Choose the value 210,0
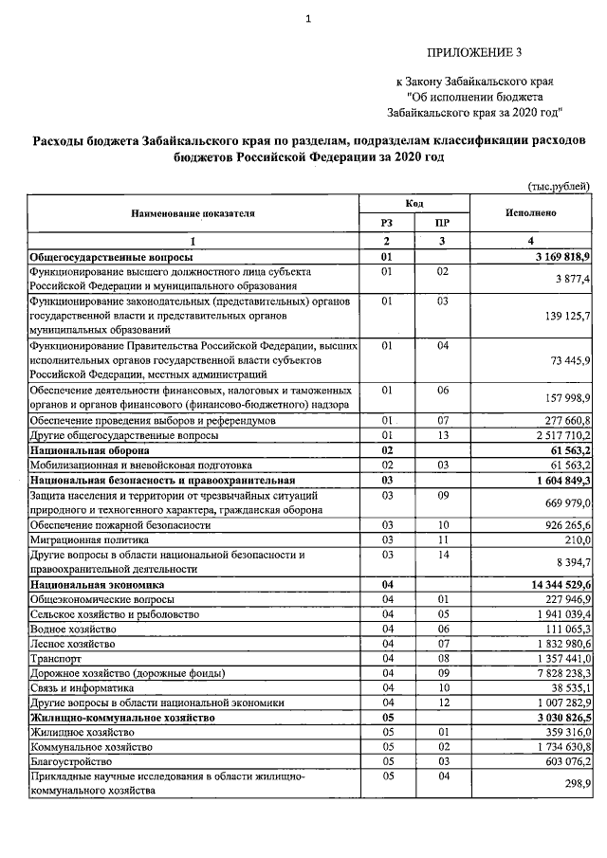coord(577,539)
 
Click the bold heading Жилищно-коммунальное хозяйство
coord(122,718)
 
